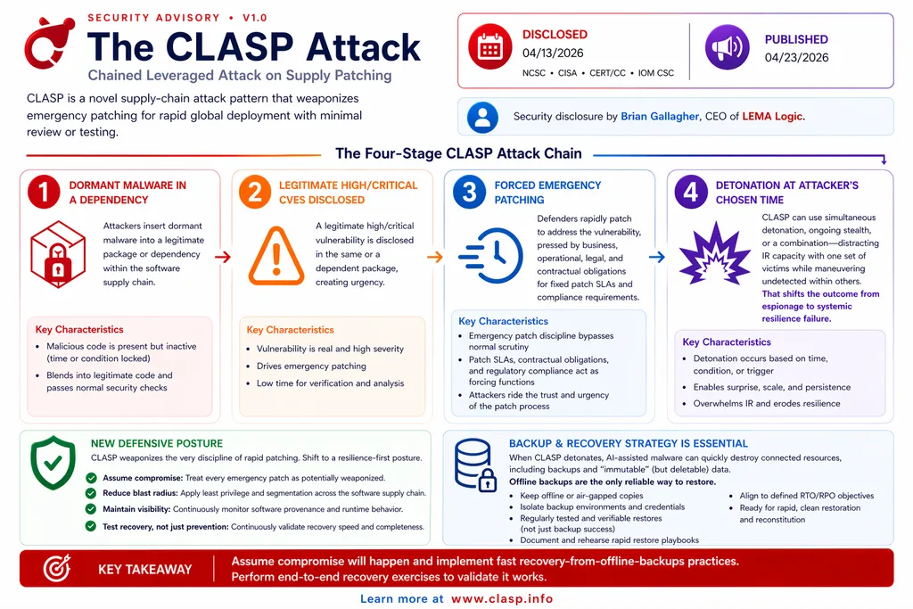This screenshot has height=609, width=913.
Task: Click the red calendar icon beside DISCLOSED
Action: click(x=490, y=46)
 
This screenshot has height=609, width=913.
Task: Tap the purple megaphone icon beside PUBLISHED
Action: click(x=728, y=47)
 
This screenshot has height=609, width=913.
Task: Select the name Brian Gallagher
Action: click(x=660, y=117)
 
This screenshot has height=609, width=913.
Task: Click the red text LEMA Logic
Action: click(x=772, y=117)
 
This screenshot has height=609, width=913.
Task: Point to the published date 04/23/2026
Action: click(x=796, y=57)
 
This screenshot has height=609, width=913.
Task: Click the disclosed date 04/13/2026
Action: click(x=553, y=53)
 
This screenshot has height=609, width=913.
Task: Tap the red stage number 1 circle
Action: click(x=44, y=192)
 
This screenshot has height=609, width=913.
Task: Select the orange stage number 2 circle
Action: click(x=255, y=192)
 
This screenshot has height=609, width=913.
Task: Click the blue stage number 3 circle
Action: click(x=469, y=192)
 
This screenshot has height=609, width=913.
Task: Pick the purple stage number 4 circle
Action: click(x=691, y=192)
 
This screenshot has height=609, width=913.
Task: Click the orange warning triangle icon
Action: click(x=276, y=256)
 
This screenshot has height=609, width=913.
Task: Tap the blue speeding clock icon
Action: click(x=491, y=256)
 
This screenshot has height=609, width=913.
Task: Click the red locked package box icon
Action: click(x=58, y=254)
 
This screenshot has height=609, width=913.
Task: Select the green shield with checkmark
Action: click(x=53, y=463)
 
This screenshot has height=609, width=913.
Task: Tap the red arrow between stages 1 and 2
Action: click(x=223, y=257)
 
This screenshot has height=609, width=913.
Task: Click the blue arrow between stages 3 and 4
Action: click(x=657, y=257)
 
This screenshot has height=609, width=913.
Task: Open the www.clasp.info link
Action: click(x=502, y=598)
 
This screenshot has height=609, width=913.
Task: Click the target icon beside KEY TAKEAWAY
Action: click(x=57, y=568)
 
